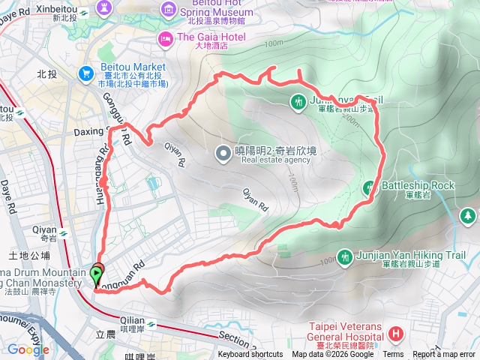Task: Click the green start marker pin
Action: click(97, 275)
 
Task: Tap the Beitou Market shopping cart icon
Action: click(86, 73)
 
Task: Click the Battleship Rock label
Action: click(418, 185)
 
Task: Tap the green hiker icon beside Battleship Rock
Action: click(369, 187)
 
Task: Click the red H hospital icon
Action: click(395, 332)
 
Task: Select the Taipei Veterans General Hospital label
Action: click(346, 331)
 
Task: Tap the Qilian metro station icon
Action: click(152, 324)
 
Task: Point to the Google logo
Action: click(28, 349)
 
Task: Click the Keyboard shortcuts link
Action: click(250, 355)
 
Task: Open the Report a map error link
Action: click(444, 355)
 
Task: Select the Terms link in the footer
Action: click(393, 355)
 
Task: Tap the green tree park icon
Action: click(468, 217)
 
